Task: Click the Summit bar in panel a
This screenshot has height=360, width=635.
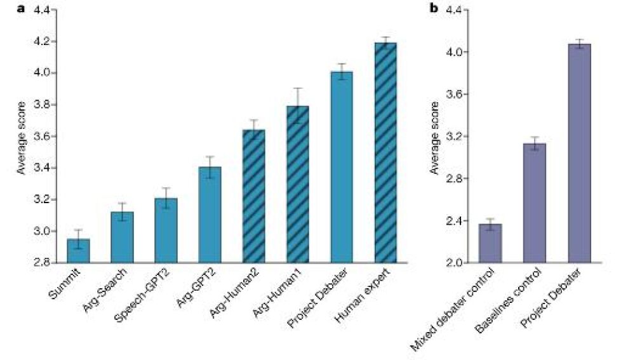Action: tap(79, 250)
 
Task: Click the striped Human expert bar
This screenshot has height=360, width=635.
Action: tap(385, 152)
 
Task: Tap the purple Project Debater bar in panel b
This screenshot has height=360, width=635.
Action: tap(579, 153)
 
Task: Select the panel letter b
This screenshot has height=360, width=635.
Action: tap(434, 10)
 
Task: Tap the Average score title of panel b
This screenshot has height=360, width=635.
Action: tap(434, 136)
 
